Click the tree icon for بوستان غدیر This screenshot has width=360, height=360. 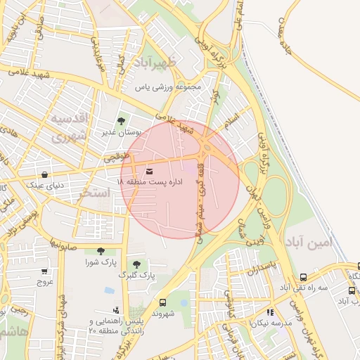tap(122, 121)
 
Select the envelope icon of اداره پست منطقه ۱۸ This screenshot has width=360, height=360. tap(149, 171)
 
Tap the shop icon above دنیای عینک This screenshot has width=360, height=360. tap(45, 175)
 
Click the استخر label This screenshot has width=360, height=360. tap(94, 192)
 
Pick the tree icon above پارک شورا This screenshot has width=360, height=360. tap(101, 251)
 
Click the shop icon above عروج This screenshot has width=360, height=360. tap(45, 271)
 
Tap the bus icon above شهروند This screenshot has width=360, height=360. tap(163, 302)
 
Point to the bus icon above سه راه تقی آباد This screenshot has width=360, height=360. tap(303, 277)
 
